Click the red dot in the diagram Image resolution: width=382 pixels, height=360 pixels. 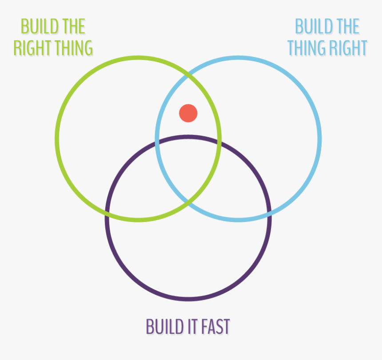tap(188, 113)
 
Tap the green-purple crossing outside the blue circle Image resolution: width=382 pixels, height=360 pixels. tap(107, 214)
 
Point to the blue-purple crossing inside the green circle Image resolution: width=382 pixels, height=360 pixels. tap(157, 142)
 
